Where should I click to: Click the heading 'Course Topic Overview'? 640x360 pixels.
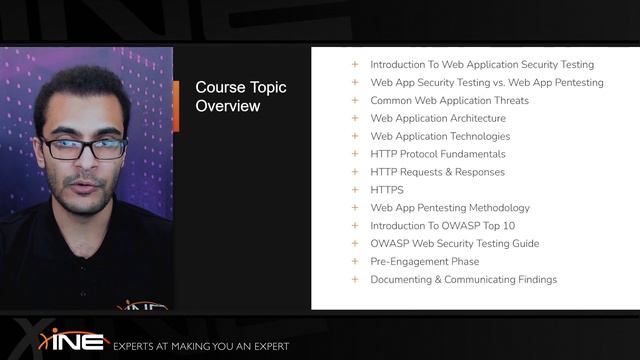pyautogui.click(x=240, y=96)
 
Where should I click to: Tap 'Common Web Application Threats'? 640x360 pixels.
pyautogui.click(x=449, y=101)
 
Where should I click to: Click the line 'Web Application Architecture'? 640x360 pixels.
pyautogui.click(x=438, y=119)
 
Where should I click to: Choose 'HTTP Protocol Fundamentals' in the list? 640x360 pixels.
pyautogui.click(x=438, y=154)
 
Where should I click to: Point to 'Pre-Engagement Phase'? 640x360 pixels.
pyautogui.click(x=424, y=262)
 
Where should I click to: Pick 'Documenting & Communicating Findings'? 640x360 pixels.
pyautogui.click(x=463, y=280)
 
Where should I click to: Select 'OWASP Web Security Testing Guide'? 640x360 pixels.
pyautogui.click(x=454, y=244)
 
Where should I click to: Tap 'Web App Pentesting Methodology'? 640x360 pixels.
pyautogui.click(x=450, y=208)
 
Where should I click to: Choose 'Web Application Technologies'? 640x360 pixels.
pyautogui.click(x=440, y=137)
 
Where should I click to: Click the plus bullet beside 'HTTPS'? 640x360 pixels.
pyautogui.click(x=354, y=190)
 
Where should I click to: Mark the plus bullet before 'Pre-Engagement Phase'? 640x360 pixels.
pyautogui.click(x=354, y=262)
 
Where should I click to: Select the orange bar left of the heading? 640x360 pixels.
pyautogui.click(x=176, y=105)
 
